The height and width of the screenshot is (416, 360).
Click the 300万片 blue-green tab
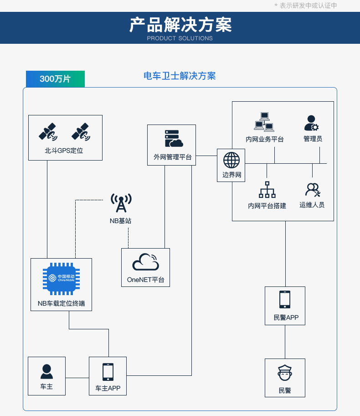pos(55,79)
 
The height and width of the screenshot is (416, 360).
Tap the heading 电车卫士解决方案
pos(180,76)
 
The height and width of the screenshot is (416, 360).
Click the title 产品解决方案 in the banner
pos(180,25)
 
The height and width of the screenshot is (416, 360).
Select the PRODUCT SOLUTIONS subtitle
pos(180,38)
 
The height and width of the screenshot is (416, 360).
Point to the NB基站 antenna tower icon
pos(121,203)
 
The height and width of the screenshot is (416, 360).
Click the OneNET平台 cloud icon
pos(145,262)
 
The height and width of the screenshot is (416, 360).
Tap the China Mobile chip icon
pos(61,278)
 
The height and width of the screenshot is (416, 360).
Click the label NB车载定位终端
pos(61,303)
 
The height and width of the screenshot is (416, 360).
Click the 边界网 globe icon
pos(231,160)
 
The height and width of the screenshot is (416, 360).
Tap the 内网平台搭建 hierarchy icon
pos(267,190)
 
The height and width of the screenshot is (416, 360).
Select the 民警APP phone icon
pos(285,300)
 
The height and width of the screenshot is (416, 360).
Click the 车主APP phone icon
pos(108,372)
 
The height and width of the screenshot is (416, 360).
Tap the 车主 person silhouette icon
pos(46,371)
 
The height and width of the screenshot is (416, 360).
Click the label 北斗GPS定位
pos(64,151)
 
